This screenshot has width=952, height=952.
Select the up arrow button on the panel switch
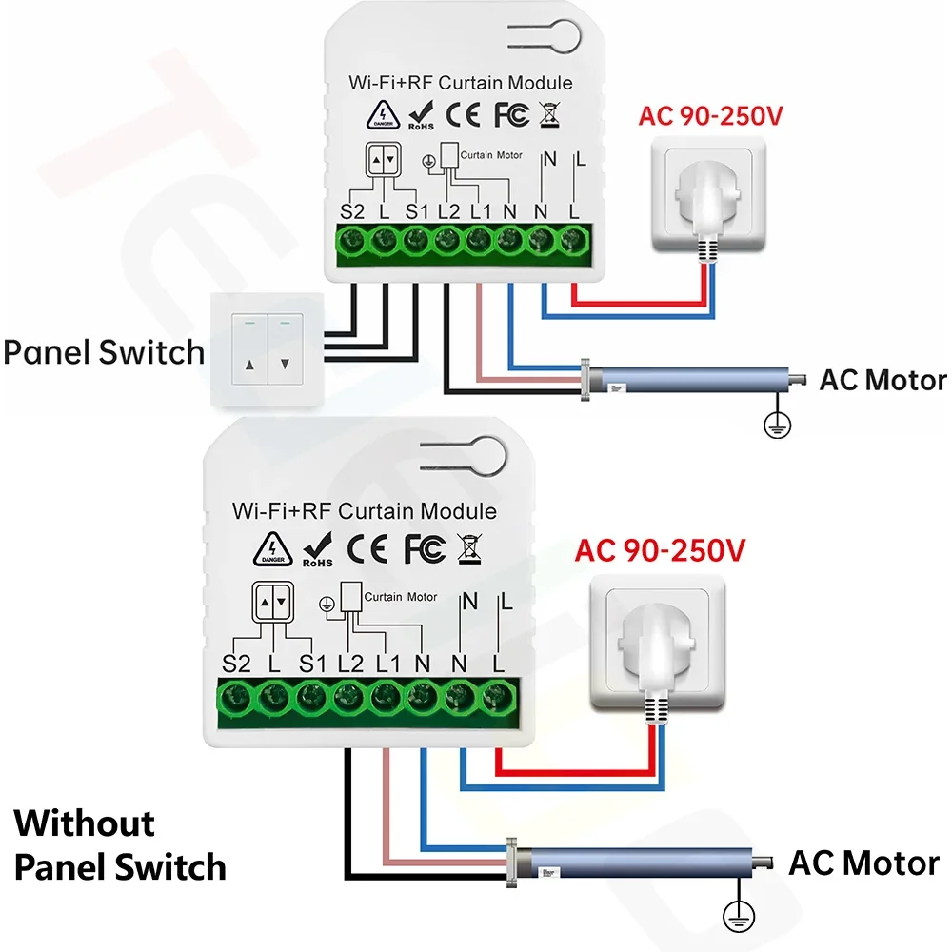coord(250,363)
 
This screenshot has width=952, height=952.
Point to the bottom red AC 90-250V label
coord(660,550)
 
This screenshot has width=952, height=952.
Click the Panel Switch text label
coord(104,352)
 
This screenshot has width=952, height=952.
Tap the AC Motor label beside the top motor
coord(883,381)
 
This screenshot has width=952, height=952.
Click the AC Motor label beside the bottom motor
coord(863,863)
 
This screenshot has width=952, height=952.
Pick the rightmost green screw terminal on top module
coord(573,242)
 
